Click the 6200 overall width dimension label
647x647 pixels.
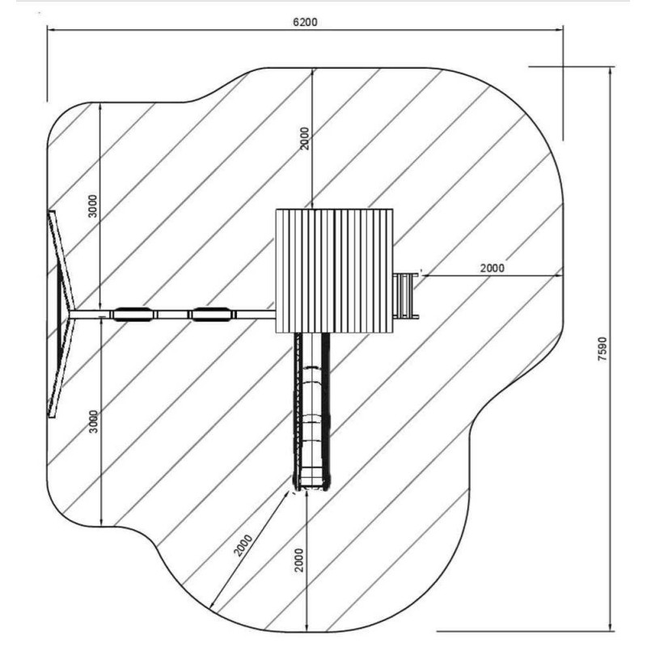tap(306, 22)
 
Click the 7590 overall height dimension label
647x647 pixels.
tap(603, 349)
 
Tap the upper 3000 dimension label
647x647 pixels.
tap(94, 206)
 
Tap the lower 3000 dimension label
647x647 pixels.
tap(94, 421)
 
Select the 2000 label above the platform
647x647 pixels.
tap(305, 138)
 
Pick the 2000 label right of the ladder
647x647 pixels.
tap(493, 269)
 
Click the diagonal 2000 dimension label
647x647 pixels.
tap(243, 545)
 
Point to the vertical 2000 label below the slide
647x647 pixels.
tap(299, 560)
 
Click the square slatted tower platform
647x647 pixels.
tap(334, 271)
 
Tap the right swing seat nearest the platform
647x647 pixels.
tap(211, 314)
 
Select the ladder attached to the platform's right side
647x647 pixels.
tap(406, 296)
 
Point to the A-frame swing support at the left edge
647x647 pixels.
tap(60, 315)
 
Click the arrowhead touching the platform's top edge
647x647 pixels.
tap(312, 205)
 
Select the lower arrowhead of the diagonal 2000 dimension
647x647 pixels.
tap(213, 604)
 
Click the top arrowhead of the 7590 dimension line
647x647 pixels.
tap(611, 71)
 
